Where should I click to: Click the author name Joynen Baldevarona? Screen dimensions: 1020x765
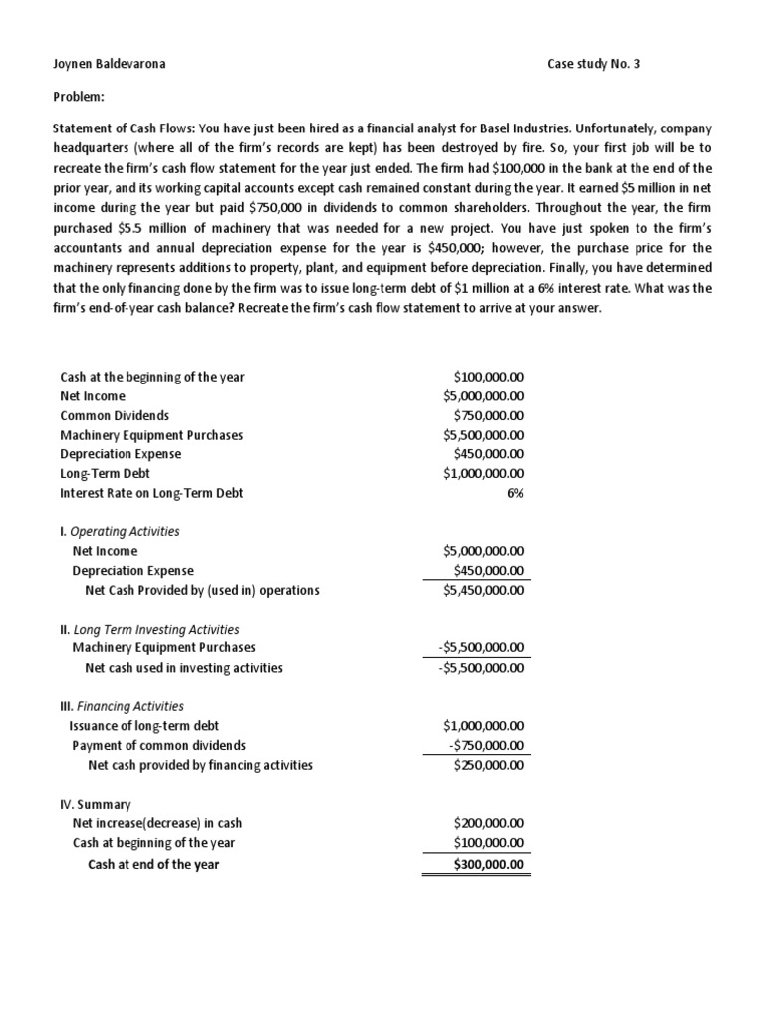click(109, 65)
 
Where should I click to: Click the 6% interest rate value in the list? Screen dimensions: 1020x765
click(515, 493)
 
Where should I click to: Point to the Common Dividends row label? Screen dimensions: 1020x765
click(115, 415)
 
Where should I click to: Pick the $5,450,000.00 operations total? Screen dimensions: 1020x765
click(483, 590)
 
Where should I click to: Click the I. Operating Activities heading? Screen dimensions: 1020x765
click(120, 532)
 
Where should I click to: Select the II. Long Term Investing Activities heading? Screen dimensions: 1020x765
click(149, 630)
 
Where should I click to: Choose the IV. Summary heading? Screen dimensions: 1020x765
click(96, 804)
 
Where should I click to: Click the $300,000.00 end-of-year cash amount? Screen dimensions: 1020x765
click(488, 864)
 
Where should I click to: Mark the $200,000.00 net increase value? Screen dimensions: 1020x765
click(488, 824)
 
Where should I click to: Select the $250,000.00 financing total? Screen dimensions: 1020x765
click(488, 765)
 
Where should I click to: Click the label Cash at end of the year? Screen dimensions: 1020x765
click(153, 864)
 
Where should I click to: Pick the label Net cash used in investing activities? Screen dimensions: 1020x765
click(184, 668)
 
